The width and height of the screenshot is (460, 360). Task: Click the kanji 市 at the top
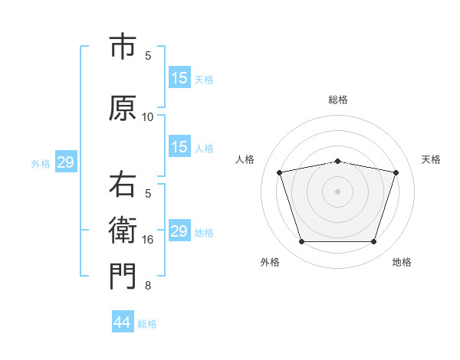pos(123,47)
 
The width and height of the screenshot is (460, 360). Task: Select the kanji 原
pos(123,108)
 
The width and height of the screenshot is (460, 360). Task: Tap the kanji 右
pos(123,185)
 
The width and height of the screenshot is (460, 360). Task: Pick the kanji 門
pos(123,277)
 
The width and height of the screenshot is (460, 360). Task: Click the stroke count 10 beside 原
pos(148,117)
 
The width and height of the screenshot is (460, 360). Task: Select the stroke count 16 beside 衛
pos(148,240)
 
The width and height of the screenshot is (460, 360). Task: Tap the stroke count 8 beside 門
pos(148,286)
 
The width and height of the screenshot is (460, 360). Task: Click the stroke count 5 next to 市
pos(148,56)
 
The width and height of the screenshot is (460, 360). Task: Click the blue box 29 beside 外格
pos(65,162)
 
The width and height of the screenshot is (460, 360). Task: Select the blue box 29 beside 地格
pos(179,231)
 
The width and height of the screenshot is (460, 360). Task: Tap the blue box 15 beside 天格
pos(179,77)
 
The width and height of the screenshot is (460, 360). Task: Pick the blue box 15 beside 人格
pos(179,146)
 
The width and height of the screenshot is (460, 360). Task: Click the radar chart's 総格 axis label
pos(338,100)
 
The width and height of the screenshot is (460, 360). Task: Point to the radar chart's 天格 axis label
pos(431,159)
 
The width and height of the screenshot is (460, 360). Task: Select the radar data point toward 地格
pos(373,242)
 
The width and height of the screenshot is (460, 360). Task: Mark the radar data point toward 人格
pos(280,172)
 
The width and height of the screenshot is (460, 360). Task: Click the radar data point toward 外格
pos(301,242)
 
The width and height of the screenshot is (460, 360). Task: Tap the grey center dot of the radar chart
pos(337,191)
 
